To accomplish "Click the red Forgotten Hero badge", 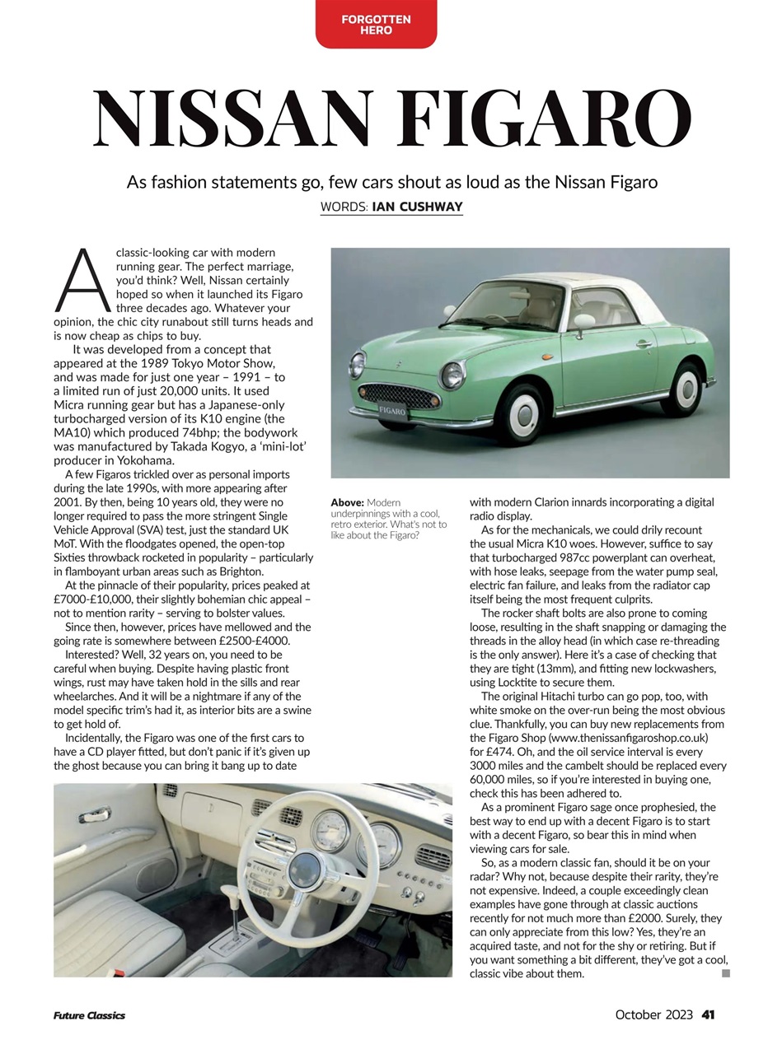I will click(x=376, y=24).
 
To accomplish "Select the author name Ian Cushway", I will click(x=417, y=207).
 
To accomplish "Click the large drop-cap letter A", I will click(x=82, y=277).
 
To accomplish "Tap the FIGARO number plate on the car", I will click(x=392, y=410).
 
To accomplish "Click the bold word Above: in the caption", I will click(x=347, y=502).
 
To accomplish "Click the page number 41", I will click(x=708, y=1014).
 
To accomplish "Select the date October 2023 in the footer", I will click(x=653, y=1014).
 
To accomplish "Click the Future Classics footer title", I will click(x=89, y=1015).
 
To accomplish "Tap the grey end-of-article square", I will click(x=726, y=973).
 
